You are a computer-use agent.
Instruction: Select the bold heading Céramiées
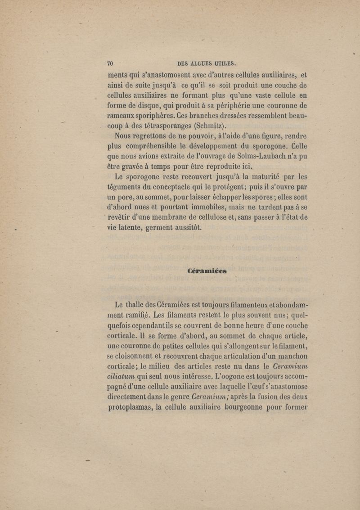pos(207,271)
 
